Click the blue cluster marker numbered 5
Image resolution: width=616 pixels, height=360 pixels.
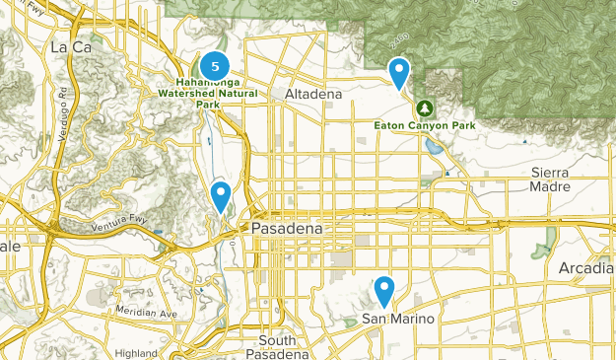[x=214, y=65]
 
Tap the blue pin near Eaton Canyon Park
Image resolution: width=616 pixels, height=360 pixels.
[x=399, y=72]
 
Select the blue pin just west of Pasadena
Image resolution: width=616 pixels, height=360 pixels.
[x=221, y=194]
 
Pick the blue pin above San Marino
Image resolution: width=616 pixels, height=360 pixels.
[x=384, y=290]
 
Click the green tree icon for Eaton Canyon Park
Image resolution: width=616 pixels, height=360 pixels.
[x=425, y=107]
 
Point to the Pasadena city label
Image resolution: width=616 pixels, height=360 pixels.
[x=286, y=228]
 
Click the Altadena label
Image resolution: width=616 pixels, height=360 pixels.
[x=312, y=94]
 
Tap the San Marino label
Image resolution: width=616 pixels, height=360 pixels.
[x=397, y=319]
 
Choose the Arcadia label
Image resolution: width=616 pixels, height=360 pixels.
[x=587, y=268]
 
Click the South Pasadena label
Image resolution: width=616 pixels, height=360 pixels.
[x=277, y=347]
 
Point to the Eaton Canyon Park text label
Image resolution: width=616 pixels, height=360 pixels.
[x=425, y=125]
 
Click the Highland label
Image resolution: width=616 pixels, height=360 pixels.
[x=135, y=352]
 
